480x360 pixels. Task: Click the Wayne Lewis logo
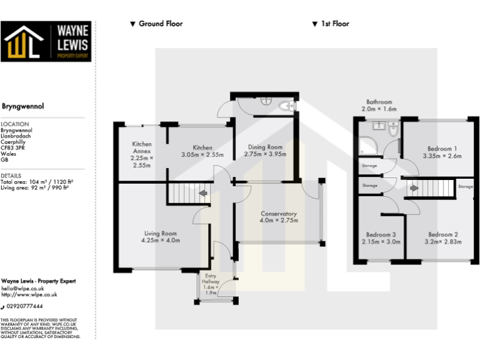click(x=46, y=41)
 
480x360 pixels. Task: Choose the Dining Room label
click(x=264, y=147)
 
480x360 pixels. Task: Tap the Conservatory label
click(x=278, y=214)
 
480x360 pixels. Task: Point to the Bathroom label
click(x=379, y=102)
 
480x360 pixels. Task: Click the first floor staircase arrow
click(x=413, y=187)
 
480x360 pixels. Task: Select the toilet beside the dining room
click(x=289, y=107)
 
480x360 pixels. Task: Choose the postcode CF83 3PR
click(x=14, y=146)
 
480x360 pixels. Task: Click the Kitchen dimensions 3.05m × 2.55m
click(x=202, y=154)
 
